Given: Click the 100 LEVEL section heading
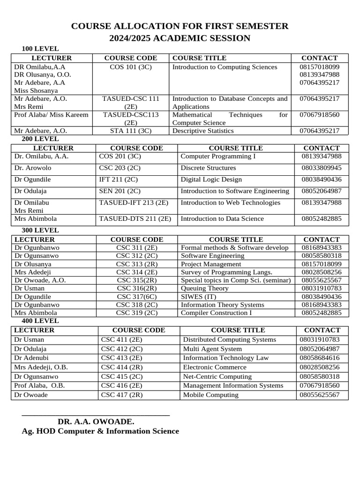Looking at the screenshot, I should coord(40,49).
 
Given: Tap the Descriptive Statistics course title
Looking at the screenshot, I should coord(203,131).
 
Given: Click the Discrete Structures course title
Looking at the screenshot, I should coord(208,168).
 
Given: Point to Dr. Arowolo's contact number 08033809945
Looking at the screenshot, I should coord(322,168).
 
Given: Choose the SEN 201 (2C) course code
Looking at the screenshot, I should coord(120,191).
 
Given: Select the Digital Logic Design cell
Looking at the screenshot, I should coord(211,180).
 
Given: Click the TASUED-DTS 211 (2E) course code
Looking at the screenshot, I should coord(135,218).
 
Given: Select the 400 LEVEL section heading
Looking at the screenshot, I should coord(40,321).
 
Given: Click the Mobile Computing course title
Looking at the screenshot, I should coord(210,395).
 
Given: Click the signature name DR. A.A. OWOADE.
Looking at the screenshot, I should coord(96,421).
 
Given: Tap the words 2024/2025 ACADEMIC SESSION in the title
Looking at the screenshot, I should coord(180,38).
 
